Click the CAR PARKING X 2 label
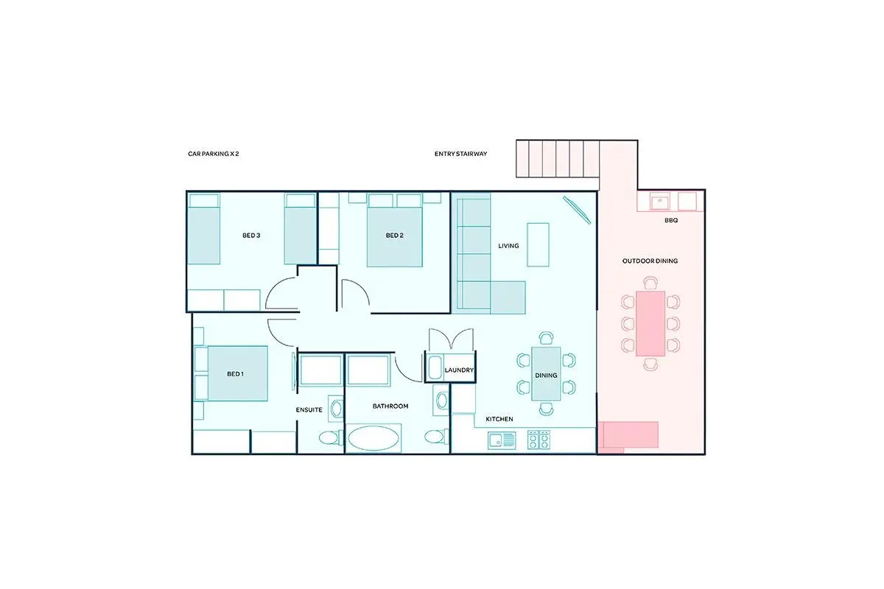coord(213,153)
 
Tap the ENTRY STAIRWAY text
coord(460,153)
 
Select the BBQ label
coord(671,220)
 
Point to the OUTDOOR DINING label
coord(650,261)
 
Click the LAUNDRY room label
coord(459,370)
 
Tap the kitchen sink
coord(502,440)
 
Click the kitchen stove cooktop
coord(539,440)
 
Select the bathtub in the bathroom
coord(373,437)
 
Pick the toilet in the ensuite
coord(329,437)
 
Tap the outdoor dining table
coord(650,323)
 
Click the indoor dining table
coord(546,373)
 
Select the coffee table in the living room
coord(539,244)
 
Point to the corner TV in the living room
coord(577,211)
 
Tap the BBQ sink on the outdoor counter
coord(660,202)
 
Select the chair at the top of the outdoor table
coord(650,283)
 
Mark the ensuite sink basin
coord(336,409)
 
